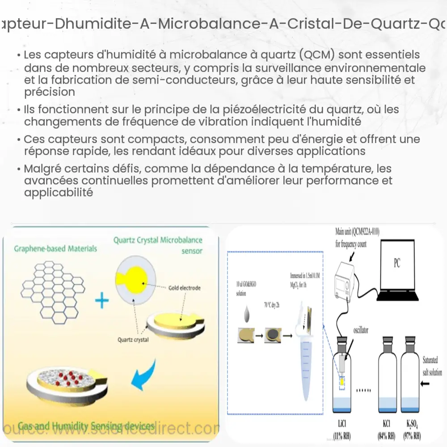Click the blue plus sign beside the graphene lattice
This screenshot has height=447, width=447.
tap(102, 300)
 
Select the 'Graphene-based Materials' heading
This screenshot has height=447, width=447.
tap(55, 248)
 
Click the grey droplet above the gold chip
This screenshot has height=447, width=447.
tap(247, 314)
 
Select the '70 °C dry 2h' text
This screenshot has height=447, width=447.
tap(272, 305)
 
